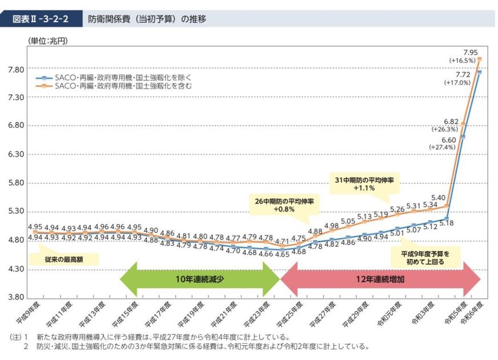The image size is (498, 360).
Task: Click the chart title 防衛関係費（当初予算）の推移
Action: coord(147,19)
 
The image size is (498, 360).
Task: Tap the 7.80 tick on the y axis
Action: coord(15,70)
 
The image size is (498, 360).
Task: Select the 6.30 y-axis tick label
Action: coord(15,154)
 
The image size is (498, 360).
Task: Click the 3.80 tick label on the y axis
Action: coord(15,297)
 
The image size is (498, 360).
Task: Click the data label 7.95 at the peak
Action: coord(470,52)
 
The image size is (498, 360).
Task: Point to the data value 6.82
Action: coord(450,122)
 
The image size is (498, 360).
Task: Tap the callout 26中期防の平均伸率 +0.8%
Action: coord(280,205)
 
